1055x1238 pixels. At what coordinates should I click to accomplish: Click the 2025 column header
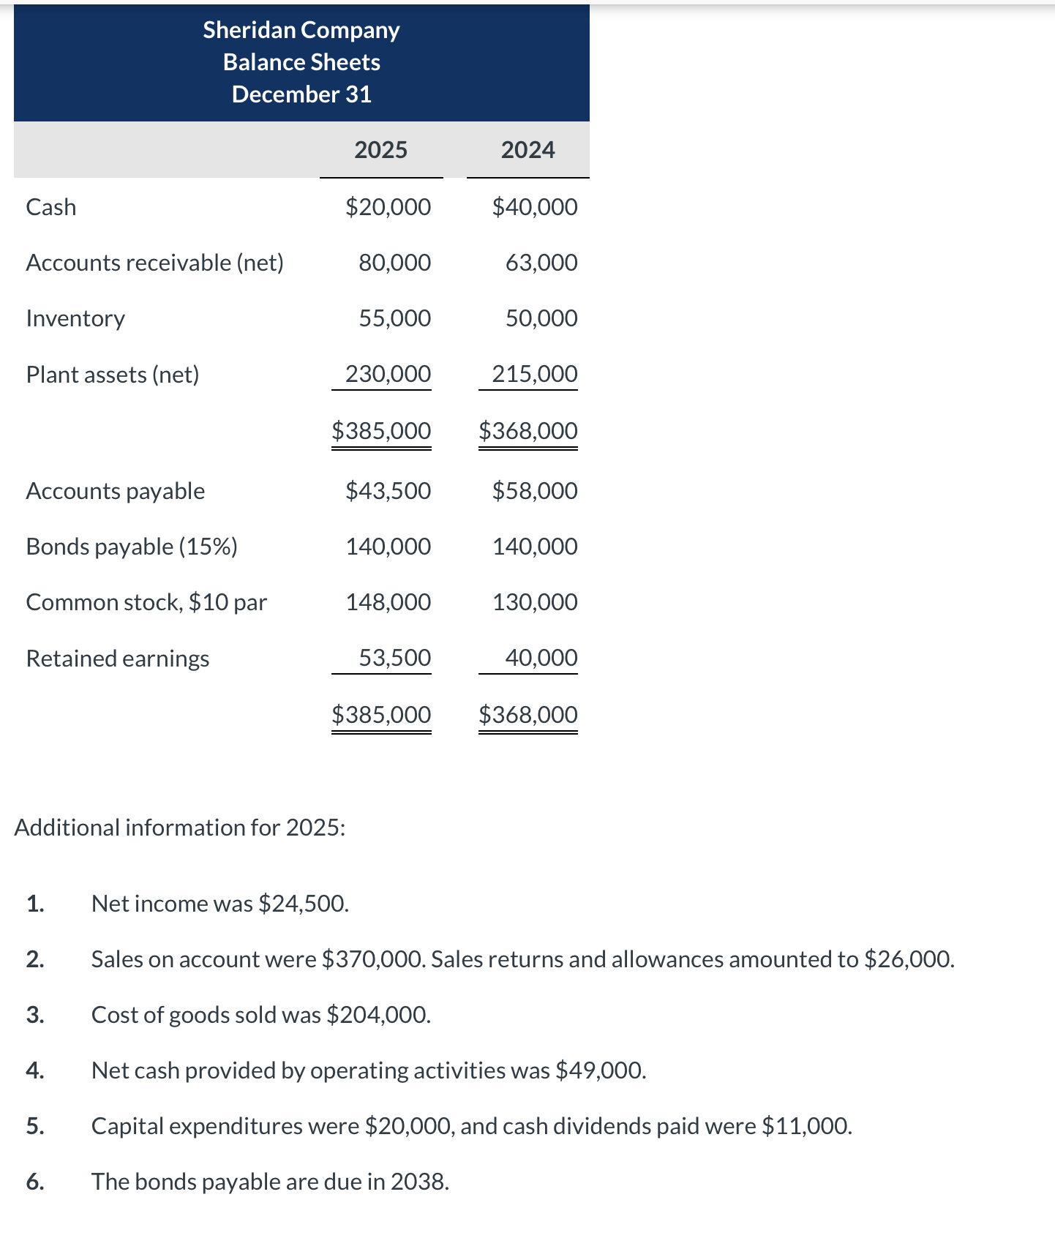point(380,150)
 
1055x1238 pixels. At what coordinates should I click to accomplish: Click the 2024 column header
point(527,150)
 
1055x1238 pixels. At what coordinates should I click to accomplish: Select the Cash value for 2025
point(388,207)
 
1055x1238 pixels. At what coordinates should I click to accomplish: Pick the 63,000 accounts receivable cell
point(541,263)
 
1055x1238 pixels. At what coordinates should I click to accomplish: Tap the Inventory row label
point(75,318)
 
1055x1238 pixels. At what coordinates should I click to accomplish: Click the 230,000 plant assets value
point(388,374)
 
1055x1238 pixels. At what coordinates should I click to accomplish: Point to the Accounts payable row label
point(115,491)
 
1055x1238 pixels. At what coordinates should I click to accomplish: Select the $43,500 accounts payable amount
point(388,491)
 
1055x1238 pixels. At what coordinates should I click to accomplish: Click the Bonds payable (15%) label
point(132,547)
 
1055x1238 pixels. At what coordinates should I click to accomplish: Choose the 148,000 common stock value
point(388,602)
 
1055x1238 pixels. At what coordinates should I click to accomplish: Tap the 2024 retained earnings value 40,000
point(541,658)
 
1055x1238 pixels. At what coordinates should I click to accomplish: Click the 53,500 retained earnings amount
point(394,658)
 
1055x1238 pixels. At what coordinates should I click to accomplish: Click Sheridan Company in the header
point(301,30)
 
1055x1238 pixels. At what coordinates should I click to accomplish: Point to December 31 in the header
point(301,94)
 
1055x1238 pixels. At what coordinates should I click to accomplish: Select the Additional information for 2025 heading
point(179,828)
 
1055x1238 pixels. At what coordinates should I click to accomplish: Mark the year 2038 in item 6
point(418,1182)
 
